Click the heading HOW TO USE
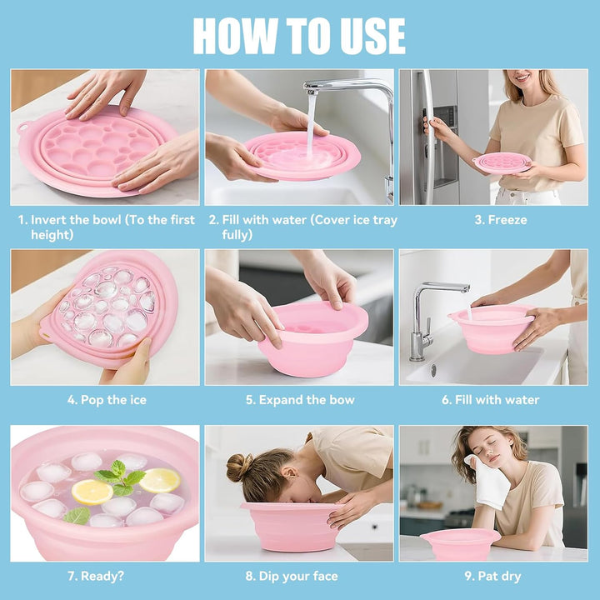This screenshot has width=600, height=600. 299,36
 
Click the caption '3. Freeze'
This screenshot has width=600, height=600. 500,221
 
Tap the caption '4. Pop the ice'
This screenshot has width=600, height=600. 107,400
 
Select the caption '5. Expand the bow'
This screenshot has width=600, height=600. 300,400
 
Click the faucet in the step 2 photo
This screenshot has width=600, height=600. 350,87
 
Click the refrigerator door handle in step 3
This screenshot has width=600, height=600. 428,133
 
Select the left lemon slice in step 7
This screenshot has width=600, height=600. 92,492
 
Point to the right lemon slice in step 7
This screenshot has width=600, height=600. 159,480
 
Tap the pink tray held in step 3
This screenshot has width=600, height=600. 502,162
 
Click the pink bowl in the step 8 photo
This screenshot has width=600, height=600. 292,525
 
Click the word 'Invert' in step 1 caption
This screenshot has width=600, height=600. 50,221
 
